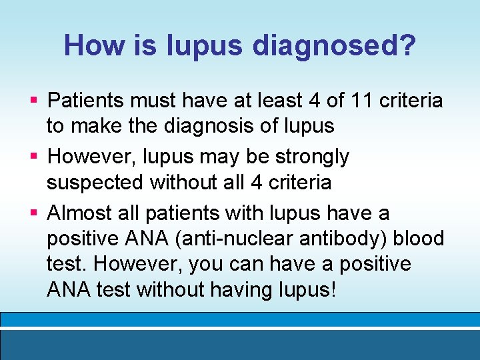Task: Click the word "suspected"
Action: (x=95, y=182)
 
